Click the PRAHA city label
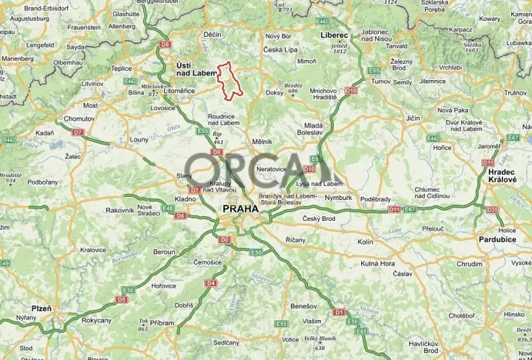[x=239, y=208]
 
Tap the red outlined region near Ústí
[x=229, y=80]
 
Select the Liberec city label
[x=334, y=35]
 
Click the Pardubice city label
[x=497, y=239]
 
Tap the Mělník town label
[x=263, y=142]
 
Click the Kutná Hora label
[x=378, y=263]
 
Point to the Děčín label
[x=212, y=35]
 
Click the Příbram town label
[x=162, y=323]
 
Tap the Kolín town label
[x=366, y=242]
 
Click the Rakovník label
[x=119, y=210]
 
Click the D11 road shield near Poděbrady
[x=394, y=208]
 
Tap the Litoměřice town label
[x=179, y=91]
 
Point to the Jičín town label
[x=413, y=118]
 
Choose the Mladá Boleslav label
[x=313, y=128]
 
